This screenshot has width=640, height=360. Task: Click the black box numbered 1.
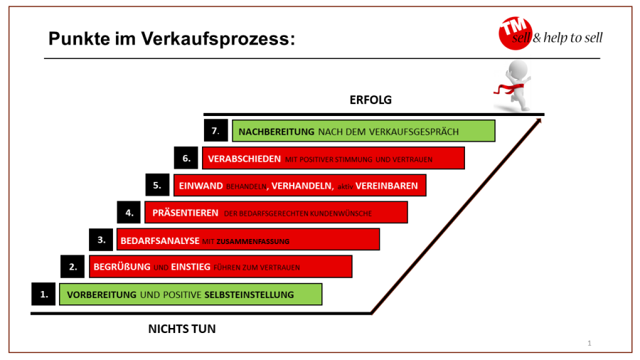(44, 294)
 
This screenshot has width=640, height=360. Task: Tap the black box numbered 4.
(129, 212)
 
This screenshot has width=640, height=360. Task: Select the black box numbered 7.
(215, 131)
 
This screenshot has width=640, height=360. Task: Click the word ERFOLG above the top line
(370, 100)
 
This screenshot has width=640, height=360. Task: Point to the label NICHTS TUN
(181, 329)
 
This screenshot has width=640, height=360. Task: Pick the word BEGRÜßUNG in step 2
(122, 268)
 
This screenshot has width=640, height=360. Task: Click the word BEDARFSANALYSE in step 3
(160, 240)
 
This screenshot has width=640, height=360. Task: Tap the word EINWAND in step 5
(201, 186)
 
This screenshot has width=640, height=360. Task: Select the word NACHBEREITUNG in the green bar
(276, 132)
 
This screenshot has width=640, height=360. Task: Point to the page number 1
(590, 344)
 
